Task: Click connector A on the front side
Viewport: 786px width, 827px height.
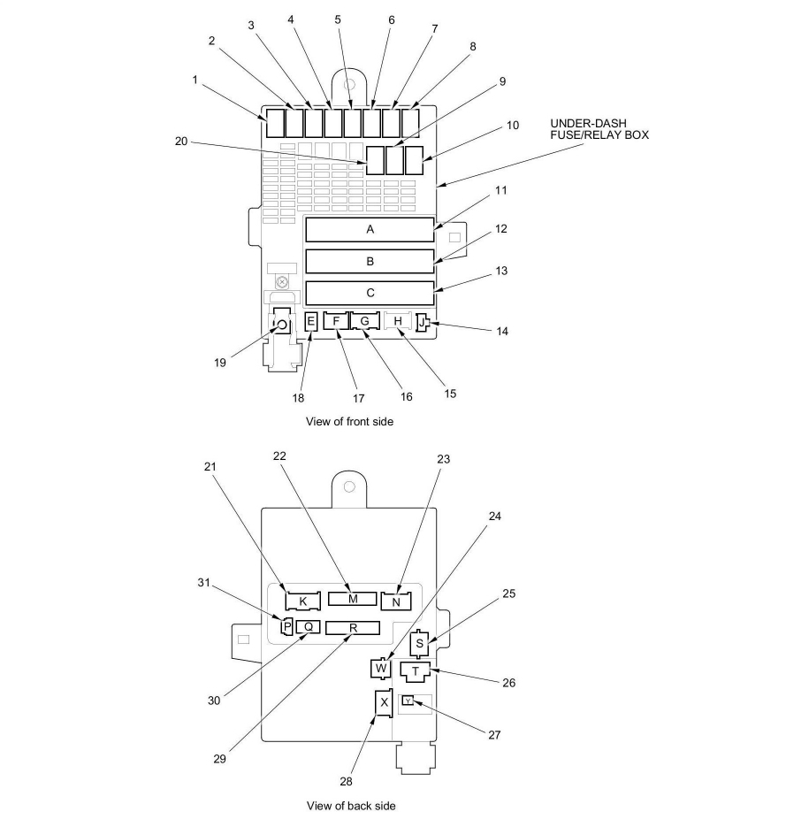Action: coord(370,229)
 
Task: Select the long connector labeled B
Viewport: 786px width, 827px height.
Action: coord(370,261)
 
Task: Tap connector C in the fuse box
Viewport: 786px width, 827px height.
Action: coord(370,293)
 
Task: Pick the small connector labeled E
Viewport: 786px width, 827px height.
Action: coord(310,321)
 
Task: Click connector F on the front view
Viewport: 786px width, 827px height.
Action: coord(336,320)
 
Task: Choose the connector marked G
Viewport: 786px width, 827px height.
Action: coord(363,320)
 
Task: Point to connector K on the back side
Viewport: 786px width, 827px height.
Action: coord(302,601)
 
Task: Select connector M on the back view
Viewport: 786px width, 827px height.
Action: coord(352,599)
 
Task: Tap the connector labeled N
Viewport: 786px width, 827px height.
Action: coord(396,601)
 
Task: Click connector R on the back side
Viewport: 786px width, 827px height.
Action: coord(352,628)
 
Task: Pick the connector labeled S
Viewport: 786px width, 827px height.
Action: coord(421,642)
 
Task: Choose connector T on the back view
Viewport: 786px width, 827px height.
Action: coord(416,670)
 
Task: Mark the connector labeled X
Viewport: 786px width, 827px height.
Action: coord(384,702)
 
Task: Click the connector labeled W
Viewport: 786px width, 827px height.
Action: coord(381,668)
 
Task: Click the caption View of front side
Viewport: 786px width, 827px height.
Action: coord(349,422)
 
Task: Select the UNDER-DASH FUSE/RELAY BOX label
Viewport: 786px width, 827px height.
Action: coord(599,128)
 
